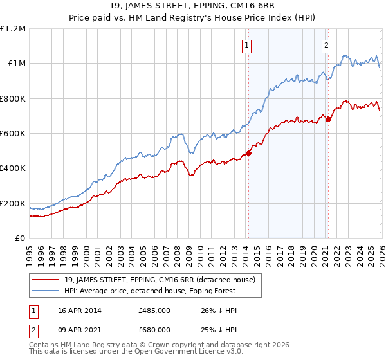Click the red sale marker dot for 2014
coord(248,153)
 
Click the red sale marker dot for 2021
coord(328,119)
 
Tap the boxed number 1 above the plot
coord(248,45)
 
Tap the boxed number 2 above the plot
coord(327,45)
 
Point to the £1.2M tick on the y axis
coord(13,29)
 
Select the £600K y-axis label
coord(13,134)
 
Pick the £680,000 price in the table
coord(154,329)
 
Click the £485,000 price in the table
coord(154,310)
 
